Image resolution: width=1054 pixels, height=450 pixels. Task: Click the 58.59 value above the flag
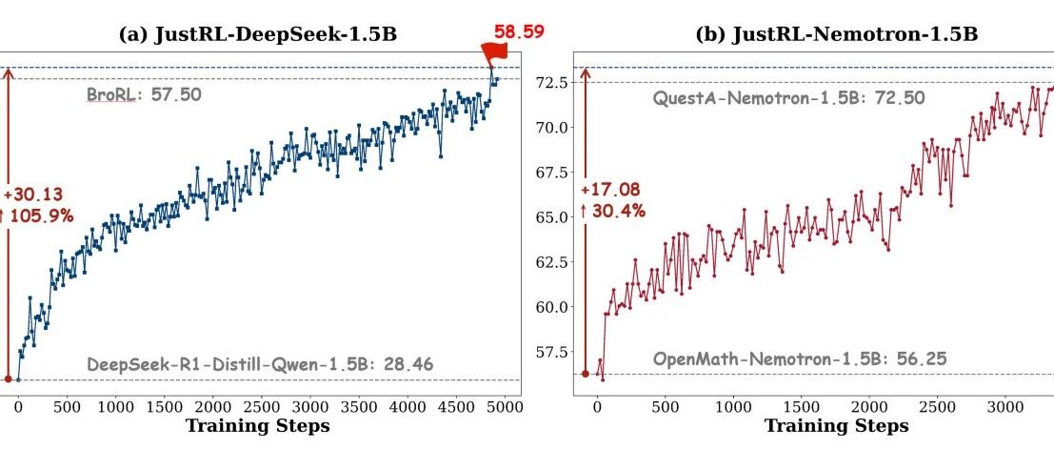(x=518, y=31)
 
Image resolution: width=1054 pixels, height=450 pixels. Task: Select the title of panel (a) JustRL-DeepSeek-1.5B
(x=257, y=35)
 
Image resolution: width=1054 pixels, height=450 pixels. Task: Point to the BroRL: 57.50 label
(x=144, y=94)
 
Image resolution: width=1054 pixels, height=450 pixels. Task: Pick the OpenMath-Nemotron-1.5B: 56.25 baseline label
(x=800, y=358)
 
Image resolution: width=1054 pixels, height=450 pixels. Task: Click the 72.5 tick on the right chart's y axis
(x=553, y=83)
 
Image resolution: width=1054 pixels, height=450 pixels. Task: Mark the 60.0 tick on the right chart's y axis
(x=553, y=307)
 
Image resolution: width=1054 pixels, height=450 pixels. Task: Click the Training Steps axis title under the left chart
(x=257, y=426)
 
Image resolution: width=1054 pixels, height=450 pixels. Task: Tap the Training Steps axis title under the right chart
(x=837, y=426)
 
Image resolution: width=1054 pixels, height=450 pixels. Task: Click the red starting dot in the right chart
(x=586, y=373)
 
